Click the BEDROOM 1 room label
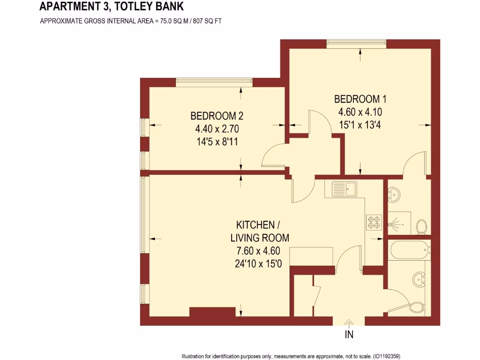360,99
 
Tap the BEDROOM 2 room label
217,116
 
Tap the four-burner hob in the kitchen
374,222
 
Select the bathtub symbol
409,250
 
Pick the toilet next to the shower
421,227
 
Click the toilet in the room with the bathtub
416,307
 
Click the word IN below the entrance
349,335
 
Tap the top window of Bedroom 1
356,44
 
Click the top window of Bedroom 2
214,82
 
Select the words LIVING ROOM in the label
260,238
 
